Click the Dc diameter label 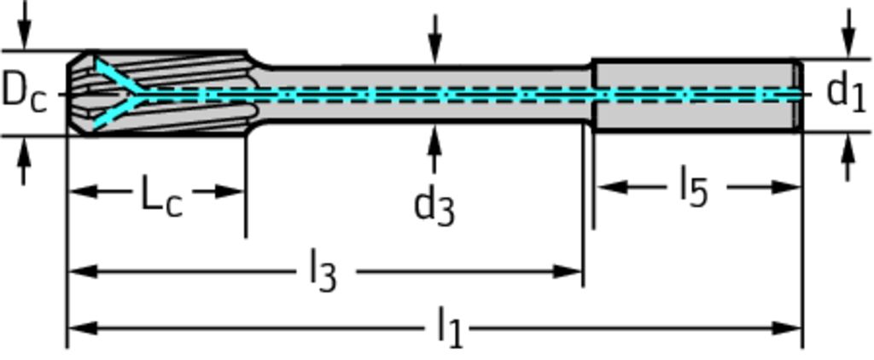tap(23, 91)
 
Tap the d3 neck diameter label tap(434, 207)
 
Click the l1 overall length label tap(449, 327)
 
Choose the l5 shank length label tap(694, 187)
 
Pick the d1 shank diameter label tap(846, 92)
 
